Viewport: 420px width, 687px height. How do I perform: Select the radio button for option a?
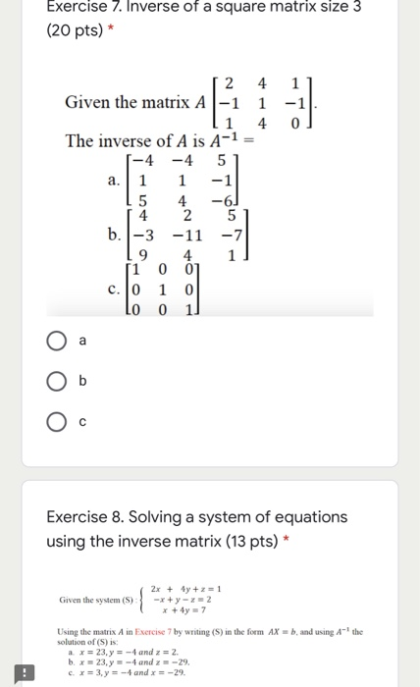click(x=55, y=341)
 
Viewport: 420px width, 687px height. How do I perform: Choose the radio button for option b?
click(x=55, y=381)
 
